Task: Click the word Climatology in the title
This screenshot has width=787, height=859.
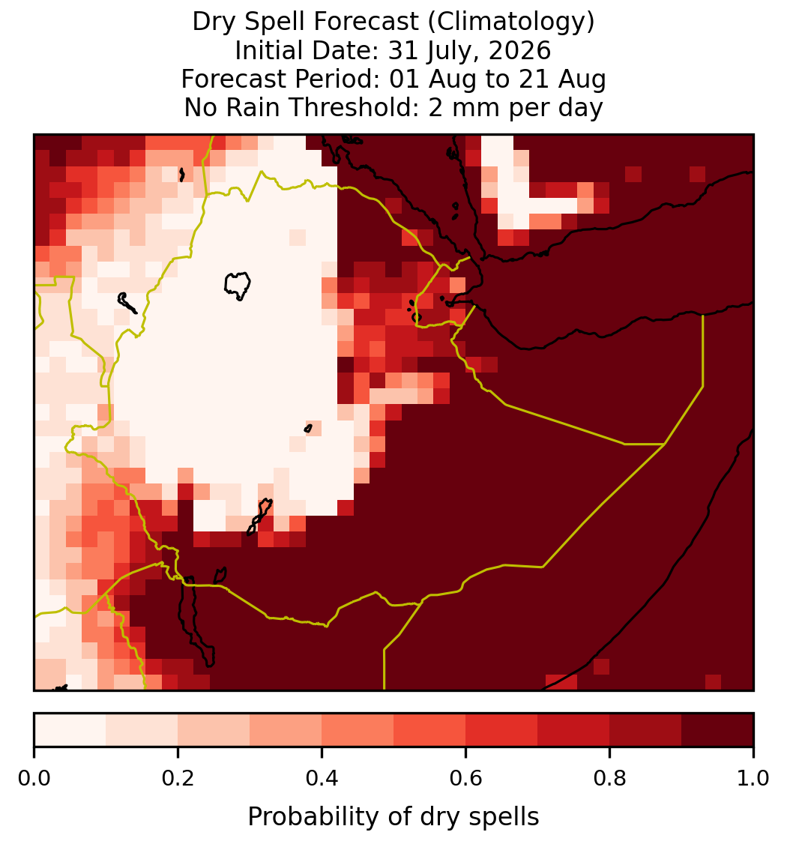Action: click(510, 22)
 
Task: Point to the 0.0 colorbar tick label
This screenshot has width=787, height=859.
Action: click(34, 778)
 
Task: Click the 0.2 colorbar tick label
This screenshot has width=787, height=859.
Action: click(178, 778)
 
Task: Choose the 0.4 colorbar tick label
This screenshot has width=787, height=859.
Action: click(322, 778)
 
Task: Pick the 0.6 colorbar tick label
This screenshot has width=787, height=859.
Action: click(466, 778)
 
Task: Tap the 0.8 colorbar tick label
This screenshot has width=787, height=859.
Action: click(610, 778)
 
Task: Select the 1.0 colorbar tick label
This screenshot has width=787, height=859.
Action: click(753, 778)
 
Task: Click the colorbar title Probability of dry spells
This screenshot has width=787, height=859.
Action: click(393, 817)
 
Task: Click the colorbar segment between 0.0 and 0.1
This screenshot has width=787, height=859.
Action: click(70, 730)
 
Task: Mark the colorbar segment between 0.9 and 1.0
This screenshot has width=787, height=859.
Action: click(717, 730)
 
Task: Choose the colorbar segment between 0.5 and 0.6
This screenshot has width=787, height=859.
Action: click(430, 730)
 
